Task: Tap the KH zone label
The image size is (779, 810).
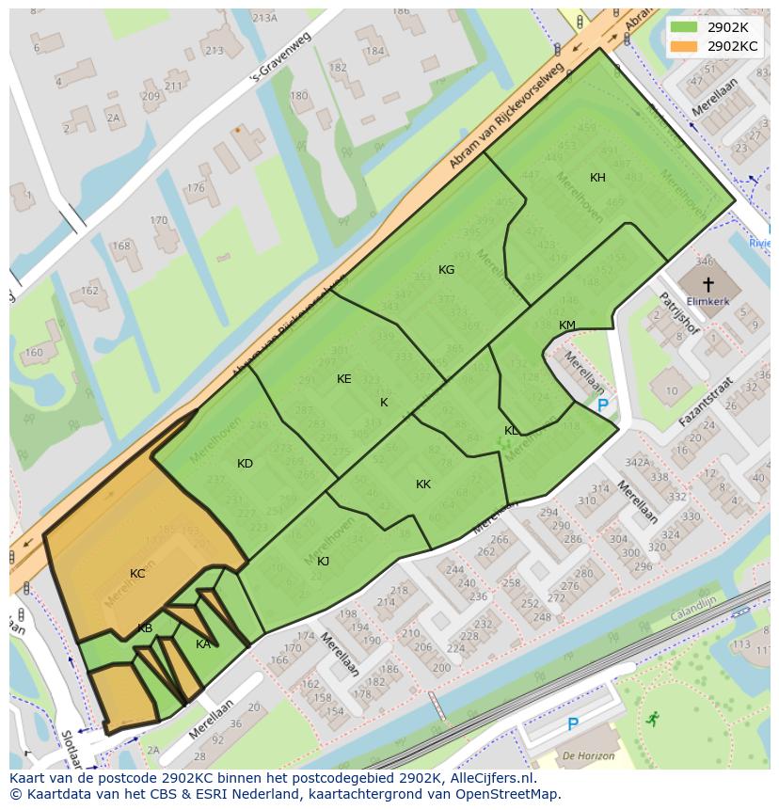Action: pos(597,178)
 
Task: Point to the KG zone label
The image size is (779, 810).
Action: pos(446,270)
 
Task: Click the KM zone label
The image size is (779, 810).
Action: pos(566,326)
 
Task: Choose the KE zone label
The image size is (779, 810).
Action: pos(343,379)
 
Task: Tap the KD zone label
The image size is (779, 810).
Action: pos(245,464)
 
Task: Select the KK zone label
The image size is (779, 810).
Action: pos(423,484)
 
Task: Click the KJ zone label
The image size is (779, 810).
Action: pos(323,562)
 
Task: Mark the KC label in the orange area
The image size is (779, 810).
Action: pos(137,574)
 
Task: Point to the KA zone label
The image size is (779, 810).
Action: pos(202,644)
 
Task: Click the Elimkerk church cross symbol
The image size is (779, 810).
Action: pos(708,283)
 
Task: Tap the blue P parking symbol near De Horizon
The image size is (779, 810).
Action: pos(572,724)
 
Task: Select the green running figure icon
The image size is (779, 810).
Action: pos(652,720)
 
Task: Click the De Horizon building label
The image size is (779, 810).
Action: pos(589,755)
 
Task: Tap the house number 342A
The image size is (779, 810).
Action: pos(637,462)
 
